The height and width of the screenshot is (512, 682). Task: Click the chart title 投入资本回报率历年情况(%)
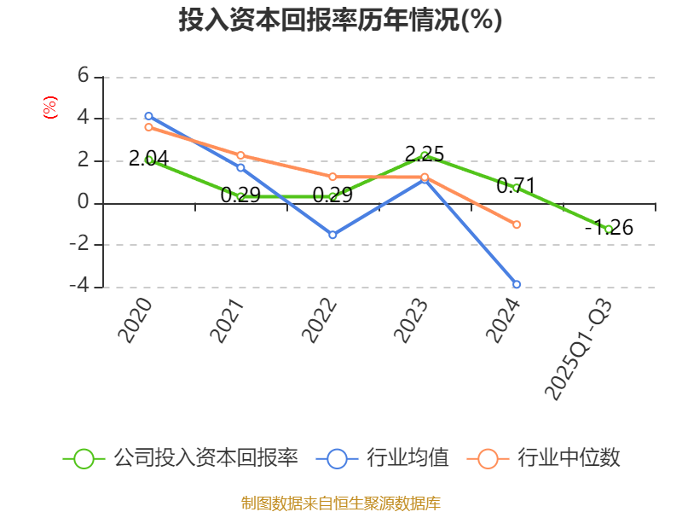[340, 20]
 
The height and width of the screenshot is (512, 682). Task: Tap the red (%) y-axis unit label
[50, 108]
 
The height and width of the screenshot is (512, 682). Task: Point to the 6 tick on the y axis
[83, 76]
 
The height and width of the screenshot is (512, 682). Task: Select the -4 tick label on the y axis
[79, 286]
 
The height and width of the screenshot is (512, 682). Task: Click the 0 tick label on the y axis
[83, 202]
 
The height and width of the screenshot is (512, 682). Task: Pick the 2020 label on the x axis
[135, 321]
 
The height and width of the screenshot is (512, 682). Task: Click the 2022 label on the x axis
[319, 321]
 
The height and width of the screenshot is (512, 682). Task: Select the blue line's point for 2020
[148, 116]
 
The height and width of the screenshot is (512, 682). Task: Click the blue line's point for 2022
[332, 235]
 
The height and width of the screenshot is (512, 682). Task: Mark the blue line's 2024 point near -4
[517, 284]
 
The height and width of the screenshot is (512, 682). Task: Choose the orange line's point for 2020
[148, 127]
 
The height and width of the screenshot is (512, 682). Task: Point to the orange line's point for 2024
[517, 224]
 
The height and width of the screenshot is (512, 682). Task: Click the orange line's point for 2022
[332, 177]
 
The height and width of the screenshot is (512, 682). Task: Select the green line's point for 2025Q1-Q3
[608, 229]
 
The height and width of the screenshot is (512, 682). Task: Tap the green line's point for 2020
[149, 160]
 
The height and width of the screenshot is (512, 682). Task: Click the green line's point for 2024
[516, 187]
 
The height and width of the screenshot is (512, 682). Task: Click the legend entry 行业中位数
[546, 458]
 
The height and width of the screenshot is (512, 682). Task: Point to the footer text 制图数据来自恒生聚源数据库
[340, 503]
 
